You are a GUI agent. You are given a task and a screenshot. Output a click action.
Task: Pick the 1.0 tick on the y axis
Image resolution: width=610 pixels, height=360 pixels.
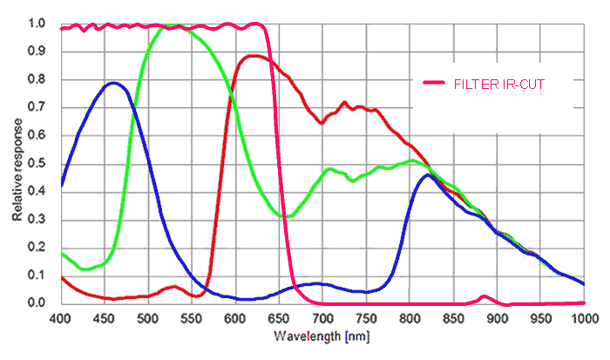pos(36,24)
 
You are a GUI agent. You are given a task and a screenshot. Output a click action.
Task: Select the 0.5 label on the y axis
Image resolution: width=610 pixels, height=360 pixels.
pos(36,163)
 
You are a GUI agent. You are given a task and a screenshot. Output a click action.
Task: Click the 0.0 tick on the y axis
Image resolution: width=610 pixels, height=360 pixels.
pos(36,303)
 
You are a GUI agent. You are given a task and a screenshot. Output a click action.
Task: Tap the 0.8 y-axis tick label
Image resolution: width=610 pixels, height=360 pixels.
pos(36,79)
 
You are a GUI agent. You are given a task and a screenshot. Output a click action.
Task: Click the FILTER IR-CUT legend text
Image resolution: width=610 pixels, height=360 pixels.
pos(500,83)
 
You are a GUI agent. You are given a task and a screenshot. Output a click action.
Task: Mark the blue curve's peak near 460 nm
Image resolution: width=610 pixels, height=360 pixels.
pos(113,83)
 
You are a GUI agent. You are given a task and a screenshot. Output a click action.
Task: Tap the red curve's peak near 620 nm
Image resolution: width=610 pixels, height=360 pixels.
pos(254,56)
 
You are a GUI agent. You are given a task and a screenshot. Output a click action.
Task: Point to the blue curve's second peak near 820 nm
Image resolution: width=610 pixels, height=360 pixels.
pos(428,175)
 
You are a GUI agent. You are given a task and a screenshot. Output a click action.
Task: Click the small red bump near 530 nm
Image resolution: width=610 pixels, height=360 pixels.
pos(173,286)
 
